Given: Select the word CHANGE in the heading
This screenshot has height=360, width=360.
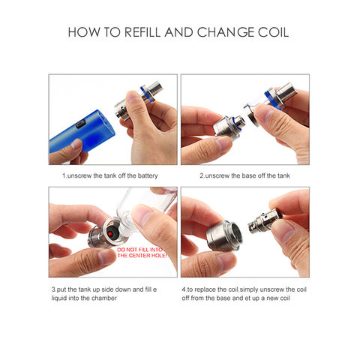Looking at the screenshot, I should (224, 33).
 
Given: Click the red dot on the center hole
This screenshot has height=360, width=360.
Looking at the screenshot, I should (110, 234).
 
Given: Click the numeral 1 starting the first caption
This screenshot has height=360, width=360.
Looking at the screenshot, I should (63, 176).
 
